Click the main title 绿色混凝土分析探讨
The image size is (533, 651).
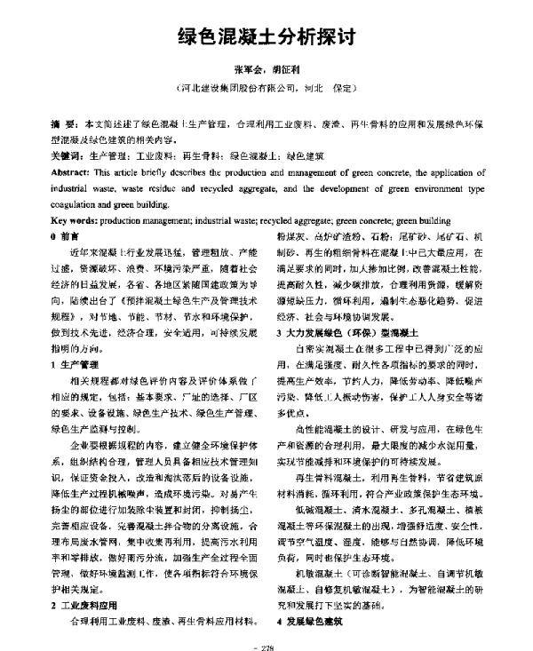pyautogui.click(x=266, y=38)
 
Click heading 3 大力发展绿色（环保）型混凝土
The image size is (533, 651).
pyautogui.click(x=345, y=331)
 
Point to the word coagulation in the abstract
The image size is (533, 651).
pyautogui.click(x=81, y=202)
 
